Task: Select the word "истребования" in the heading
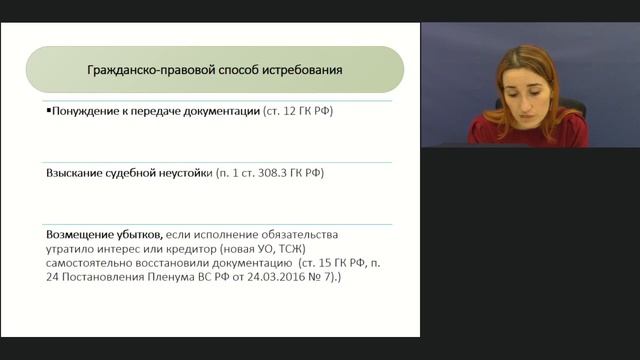click(304, 71)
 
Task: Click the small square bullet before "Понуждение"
click(48, 111)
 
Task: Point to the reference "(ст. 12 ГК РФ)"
click(297, 112)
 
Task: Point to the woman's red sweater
click(530, 130)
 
